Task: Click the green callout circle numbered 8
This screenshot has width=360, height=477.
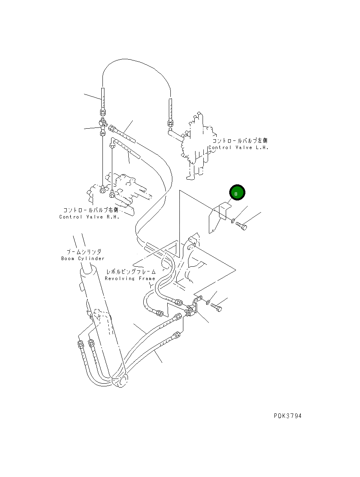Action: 238,193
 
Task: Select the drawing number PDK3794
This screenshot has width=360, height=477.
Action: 288,416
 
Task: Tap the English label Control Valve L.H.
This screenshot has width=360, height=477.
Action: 238,147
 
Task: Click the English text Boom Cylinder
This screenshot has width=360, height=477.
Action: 83,259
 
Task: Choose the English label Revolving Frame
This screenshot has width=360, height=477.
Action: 130,279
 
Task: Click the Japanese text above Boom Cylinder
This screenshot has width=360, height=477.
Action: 83,252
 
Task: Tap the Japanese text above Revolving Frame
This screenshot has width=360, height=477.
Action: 131,271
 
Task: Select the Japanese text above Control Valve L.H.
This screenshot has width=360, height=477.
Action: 240,140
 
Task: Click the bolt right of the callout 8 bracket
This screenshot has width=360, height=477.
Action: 241,226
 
